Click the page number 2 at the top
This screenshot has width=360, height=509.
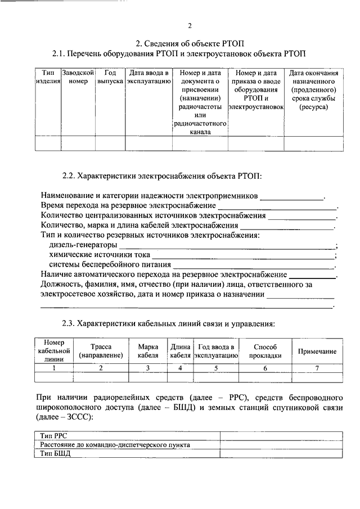190,25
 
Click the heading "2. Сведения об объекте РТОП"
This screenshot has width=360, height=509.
190,43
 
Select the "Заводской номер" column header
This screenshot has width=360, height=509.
78,77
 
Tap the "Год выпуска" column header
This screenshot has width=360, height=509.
110,77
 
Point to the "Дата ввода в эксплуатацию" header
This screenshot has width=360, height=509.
148,77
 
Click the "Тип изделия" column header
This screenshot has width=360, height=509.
48,77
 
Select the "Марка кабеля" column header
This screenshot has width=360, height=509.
148,351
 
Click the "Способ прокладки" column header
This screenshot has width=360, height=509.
265,351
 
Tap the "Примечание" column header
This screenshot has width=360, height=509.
317,352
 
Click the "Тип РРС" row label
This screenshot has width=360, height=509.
55,435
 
